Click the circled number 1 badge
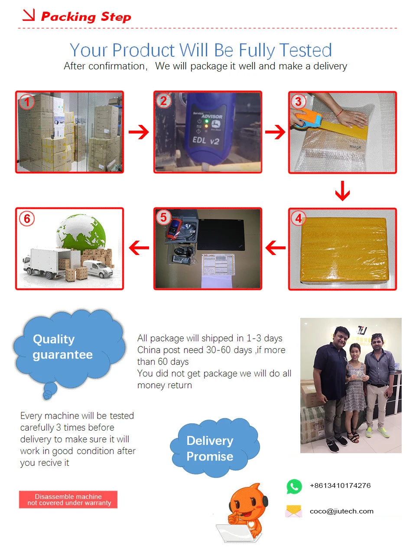pos(27,102)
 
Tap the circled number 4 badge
pos(298,218)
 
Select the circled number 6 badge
pos(27,219)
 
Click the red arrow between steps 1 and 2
pos(139,132)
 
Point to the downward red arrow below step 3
pos(342,191)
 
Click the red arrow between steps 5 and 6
pos(139,248)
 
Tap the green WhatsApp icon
pos(294,486)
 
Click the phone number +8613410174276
pos(340,486)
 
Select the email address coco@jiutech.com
pos(341,511)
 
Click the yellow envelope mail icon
pos(294,512)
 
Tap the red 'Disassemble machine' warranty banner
pos(68,500)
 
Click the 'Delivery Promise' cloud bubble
pos(214,448)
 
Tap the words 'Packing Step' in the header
pos(86,17)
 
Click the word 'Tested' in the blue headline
pos(306,50)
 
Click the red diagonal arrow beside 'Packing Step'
pos(29,15)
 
